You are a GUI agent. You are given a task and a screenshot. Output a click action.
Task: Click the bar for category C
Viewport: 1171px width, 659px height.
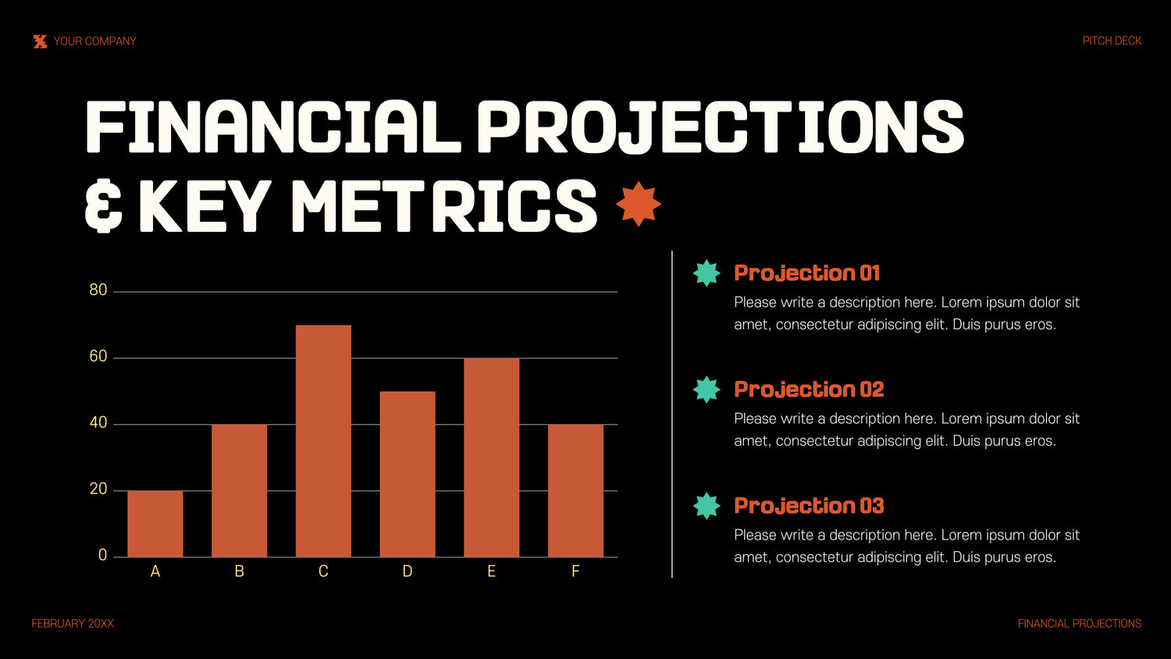click(323, 441)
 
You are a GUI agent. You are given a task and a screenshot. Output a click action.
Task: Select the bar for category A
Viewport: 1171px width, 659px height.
click(155, 524)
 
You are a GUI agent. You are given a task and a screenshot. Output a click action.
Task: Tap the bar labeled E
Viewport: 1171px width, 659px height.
click(491, 458)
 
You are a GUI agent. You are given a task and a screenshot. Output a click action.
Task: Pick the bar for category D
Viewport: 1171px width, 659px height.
click(408, 474)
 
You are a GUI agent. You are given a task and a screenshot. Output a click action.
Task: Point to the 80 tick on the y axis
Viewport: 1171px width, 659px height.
click(98, 290)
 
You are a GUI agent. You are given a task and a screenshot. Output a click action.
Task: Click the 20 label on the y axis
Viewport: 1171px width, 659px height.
click(98, 489)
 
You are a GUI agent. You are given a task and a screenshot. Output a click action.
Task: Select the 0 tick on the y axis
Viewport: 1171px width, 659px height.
click(102, 555)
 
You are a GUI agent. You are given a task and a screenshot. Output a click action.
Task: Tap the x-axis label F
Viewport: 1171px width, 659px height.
click(575, 571)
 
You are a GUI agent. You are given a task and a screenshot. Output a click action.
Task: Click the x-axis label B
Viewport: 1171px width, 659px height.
click(240, 571)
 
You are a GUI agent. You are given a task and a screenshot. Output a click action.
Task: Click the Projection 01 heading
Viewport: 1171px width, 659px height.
click(806, 273)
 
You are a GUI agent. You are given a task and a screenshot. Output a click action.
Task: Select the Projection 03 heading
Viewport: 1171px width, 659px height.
click(809, 506)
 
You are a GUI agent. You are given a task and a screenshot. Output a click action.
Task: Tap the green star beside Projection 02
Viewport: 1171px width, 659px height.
click(707, 390)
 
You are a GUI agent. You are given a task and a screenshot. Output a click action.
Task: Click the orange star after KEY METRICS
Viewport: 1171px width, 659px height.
click(639, 204)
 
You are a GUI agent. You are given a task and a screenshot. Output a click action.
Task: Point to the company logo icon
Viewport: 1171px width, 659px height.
click(41, 41)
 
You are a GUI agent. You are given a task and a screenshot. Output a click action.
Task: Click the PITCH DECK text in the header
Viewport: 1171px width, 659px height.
click(1112, 41)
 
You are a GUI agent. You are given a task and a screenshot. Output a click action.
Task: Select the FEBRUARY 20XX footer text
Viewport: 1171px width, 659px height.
click(73, 623)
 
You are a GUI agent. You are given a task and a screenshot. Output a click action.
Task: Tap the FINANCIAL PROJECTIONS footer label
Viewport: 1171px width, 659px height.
click(1080, 623)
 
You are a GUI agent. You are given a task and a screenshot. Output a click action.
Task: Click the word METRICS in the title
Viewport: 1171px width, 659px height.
click(444, 205)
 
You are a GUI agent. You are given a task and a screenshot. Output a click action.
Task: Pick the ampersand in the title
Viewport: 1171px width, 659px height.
click(104, 205)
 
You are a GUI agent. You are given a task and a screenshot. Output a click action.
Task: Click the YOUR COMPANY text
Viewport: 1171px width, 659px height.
click(94, 41)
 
